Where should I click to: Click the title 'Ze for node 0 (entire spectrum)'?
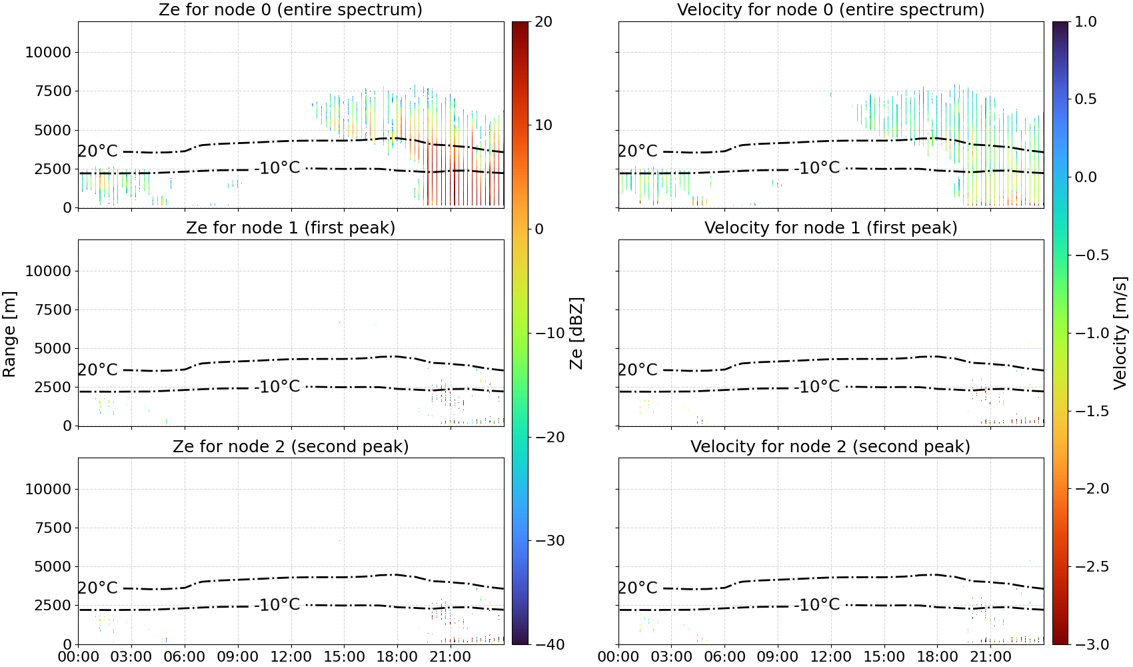click(291, 9)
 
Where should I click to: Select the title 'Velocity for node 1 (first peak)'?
click(831, 227)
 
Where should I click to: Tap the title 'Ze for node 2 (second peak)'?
click(291, 446)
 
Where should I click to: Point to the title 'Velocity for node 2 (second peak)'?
click(830, 446)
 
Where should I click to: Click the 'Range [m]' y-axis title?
click(9, 333)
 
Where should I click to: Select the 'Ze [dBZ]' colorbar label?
click(576, 333)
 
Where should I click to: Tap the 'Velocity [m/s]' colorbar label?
click(1120, 333)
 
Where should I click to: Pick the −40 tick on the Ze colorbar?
click(549, 644)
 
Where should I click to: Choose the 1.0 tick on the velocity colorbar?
click(1086, 22)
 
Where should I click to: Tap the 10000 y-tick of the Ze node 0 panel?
click(48, 52)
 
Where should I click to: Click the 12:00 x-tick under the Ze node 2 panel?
click(291, 657)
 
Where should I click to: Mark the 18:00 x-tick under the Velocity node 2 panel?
click(937, 657)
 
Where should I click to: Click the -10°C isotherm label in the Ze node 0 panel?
click(277, 167)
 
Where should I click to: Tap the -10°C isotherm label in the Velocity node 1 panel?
click(817, 387)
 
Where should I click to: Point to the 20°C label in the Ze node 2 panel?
click(97, 588)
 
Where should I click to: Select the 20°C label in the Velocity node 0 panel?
click(638, 151)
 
